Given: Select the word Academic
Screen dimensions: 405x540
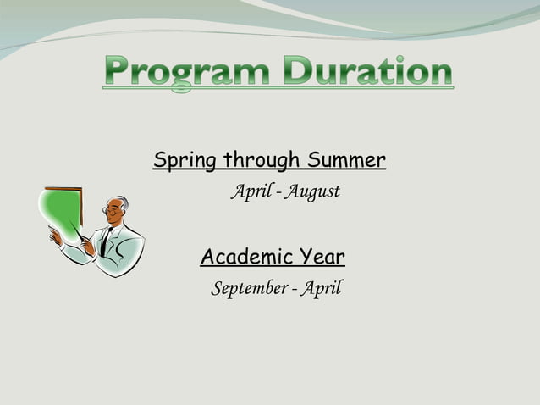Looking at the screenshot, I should (241, 256).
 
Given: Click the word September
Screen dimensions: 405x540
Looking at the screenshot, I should (248, 289).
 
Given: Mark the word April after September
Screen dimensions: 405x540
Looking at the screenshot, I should (321, 289).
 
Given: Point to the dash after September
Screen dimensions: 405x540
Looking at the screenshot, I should (293, 290).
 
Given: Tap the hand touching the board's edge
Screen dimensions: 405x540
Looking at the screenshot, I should (55, 238).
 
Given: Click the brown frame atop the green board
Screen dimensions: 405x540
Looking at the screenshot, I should (63, 189).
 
